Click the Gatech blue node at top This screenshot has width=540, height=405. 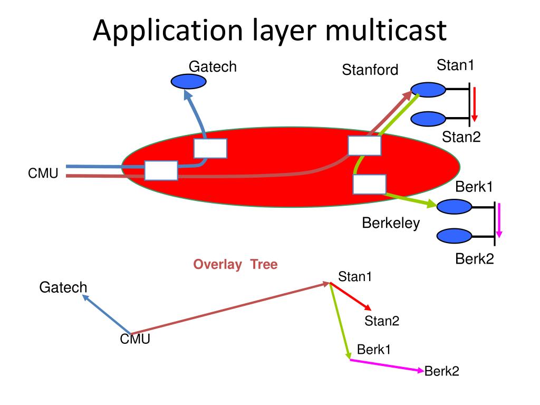point(188,81)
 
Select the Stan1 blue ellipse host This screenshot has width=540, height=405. point(428,89)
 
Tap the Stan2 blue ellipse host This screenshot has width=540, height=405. point(428,119)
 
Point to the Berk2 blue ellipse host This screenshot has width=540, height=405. point(454,235)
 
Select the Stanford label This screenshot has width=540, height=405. point(370,70)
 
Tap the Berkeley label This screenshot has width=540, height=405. point(391,223)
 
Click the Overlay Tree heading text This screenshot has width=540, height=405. point(235,265)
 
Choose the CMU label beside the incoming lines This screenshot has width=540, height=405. point(43,172)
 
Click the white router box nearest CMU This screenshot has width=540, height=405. point(161,170)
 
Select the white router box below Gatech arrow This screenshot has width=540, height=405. point(210,148)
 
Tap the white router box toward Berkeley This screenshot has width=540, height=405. point(369,184)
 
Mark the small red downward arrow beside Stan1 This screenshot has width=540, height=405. point(474,104)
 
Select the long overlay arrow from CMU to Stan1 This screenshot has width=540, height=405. point(229,308)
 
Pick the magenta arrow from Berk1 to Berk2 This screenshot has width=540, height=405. point(387,365)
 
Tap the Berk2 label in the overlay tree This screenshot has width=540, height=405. point(442,371)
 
